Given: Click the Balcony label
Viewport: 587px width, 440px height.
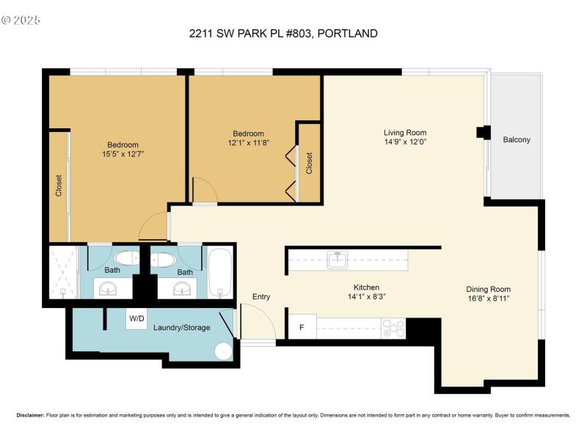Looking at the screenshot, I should click(517, 139).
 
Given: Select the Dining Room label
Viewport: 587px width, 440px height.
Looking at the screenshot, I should click(488, 289).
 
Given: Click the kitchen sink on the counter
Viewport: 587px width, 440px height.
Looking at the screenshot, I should click(337, 259).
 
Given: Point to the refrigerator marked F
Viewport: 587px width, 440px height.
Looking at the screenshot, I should click(302, 327).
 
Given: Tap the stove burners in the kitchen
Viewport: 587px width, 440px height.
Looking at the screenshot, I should click(393, 328).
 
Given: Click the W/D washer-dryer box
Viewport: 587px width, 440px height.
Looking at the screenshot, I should click(136, 319).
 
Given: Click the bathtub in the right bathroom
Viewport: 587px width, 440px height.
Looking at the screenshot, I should click(219, 272).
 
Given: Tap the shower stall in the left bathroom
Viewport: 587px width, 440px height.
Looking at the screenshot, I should click(63, 272).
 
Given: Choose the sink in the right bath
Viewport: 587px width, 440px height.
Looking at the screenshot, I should click(183, 289).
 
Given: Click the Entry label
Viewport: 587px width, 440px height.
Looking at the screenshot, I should click(261, 296).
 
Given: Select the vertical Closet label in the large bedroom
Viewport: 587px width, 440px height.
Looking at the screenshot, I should click(59, 186).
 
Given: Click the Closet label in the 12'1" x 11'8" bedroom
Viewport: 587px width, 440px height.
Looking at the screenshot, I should click(309, 162).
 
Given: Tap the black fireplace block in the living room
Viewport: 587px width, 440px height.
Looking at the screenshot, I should click(483, 132).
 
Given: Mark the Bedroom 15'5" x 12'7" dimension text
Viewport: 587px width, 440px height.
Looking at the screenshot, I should click(123, 155).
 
